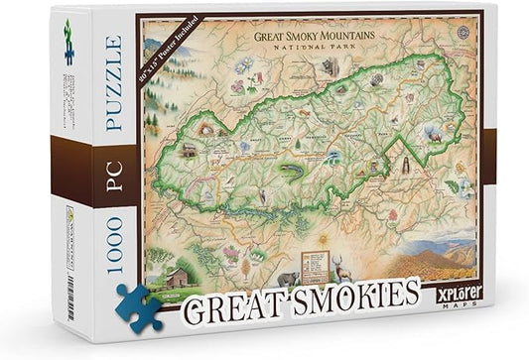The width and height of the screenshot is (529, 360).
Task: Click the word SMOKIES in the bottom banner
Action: (352, 294)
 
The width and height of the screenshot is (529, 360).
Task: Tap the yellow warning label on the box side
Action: (68, 212)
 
